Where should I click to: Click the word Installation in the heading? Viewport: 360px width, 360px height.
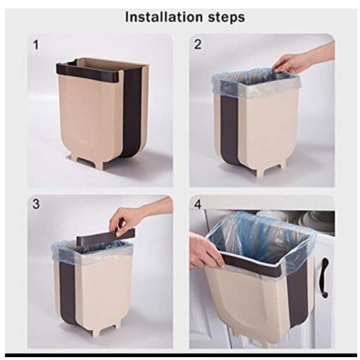[x=164, y=17]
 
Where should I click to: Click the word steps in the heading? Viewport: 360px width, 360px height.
[x=227, y=18]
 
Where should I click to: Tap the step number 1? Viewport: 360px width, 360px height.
[x=36, y=45]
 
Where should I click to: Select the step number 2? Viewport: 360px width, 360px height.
[x=198, y=45]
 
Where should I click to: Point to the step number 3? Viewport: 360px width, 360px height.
[x=36, y=204]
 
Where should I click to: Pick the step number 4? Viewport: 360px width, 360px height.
[x=198, y=204]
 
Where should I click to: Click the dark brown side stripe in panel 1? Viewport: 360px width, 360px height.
[x=133, y=112]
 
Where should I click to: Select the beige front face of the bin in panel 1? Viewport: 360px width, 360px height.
[x=90, y=116]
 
